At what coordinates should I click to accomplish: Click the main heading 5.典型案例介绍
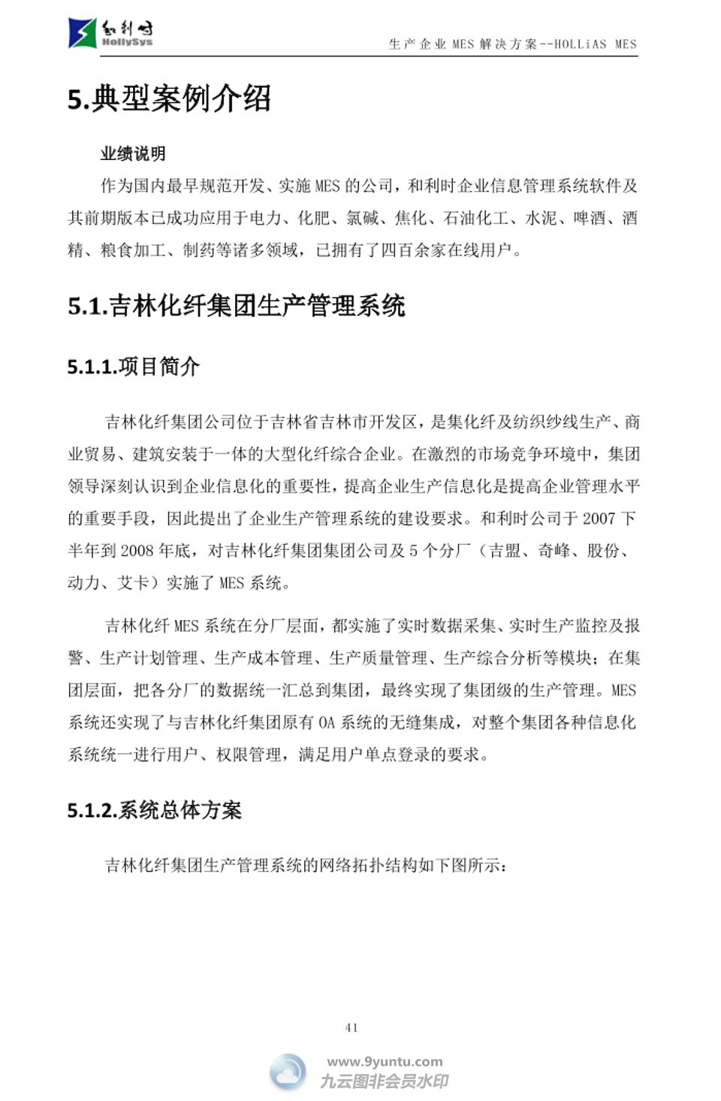pos(169,99)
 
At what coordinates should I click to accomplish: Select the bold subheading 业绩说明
pos(133,154)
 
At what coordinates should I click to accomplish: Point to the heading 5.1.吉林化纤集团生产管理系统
pos(236,306)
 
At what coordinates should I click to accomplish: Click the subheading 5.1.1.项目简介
pos(133,367)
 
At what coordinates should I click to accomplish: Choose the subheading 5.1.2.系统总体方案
pos(154,810)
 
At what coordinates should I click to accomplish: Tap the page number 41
pos(351,1027)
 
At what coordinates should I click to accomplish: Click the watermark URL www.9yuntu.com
pos(385,1062)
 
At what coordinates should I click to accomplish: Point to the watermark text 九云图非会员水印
pos(385,1081)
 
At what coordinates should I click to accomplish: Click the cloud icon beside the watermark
pos(288,1072)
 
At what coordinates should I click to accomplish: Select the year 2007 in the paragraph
pos(599,519)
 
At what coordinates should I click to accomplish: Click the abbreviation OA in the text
pos(326,723)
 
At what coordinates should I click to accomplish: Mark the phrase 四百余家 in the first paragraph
pos(406,250)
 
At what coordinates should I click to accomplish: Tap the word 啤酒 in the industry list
pos(590,218)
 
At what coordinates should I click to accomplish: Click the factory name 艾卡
pos(133,583)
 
